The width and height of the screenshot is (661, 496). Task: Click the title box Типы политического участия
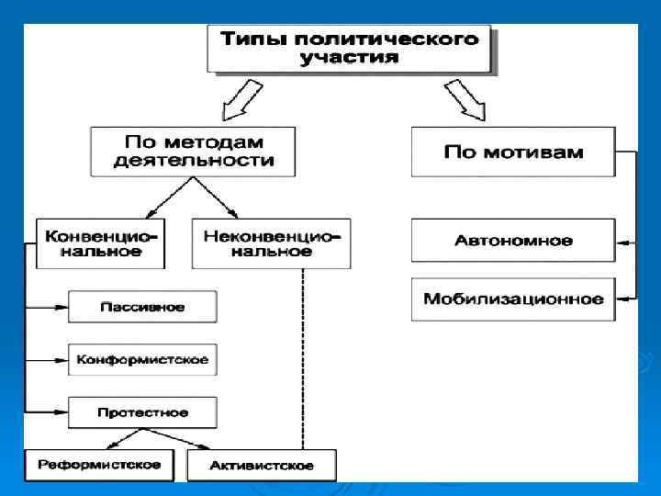point(348,49)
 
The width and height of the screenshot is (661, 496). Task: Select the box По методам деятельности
point(194,152)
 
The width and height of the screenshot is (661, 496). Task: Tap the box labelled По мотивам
point(512,152)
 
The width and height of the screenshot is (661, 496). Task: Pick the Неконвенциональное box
point(271,243)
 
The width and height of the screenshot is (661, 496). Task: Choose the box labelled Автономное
point(512,241)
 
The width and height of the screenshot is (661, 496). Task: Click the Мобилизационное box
point(512,299)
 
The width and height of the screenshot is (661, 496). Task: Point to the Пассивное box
point(142,307)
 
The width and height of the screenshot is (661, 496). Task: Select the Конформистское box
point(142,359)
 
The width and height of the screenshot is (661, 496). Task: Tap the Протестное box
point(142,412)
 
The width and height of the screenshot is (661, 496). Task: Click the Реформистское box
point(100,464)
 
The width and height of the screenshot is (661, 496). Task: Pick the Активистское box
point(262,465)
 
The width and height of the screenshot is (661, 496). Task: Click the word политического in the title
point(403,39)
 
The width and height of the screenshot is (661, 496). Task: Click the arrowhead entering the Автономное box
point(622,242)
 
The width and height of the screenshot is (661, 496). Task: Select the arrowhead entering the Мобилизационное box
point(622,299)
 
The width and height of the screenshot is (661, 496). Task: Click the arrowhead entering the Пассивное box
point(62,307)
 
